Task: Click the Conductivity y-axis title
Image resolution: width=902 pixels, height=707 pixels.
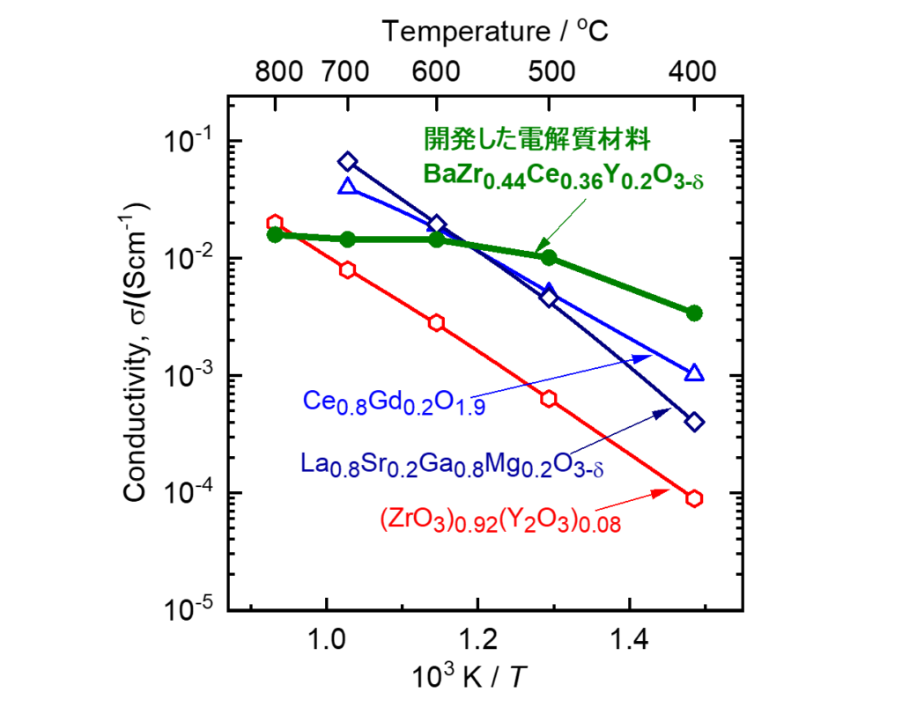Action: tap(137, 352)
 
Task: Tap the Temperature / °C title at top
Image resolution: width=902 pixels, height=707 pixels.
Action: tap(496, 32)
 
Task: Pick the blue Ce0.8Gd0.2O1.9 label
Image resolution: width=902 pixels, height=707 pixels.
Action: tap(394, 403)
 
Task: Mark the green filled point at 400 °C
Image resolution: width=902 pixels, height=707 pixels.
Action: tap(694, 313)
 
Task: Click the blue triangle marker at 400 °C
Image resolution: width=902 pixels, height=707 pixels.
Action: tap(694, 373)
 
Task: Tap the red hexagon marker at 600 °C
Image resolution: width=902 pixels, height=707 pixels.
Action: tap(437, 322)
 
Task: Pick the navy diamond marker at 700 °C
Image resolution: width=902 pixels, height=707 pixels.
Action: tap(348, 161)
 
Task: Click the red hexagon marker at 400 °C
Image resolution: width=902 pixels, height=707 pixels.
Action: tap(694, 498)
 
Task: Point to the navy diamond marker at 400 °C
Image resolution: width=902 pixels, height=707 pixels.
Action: tap(694, 422)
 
